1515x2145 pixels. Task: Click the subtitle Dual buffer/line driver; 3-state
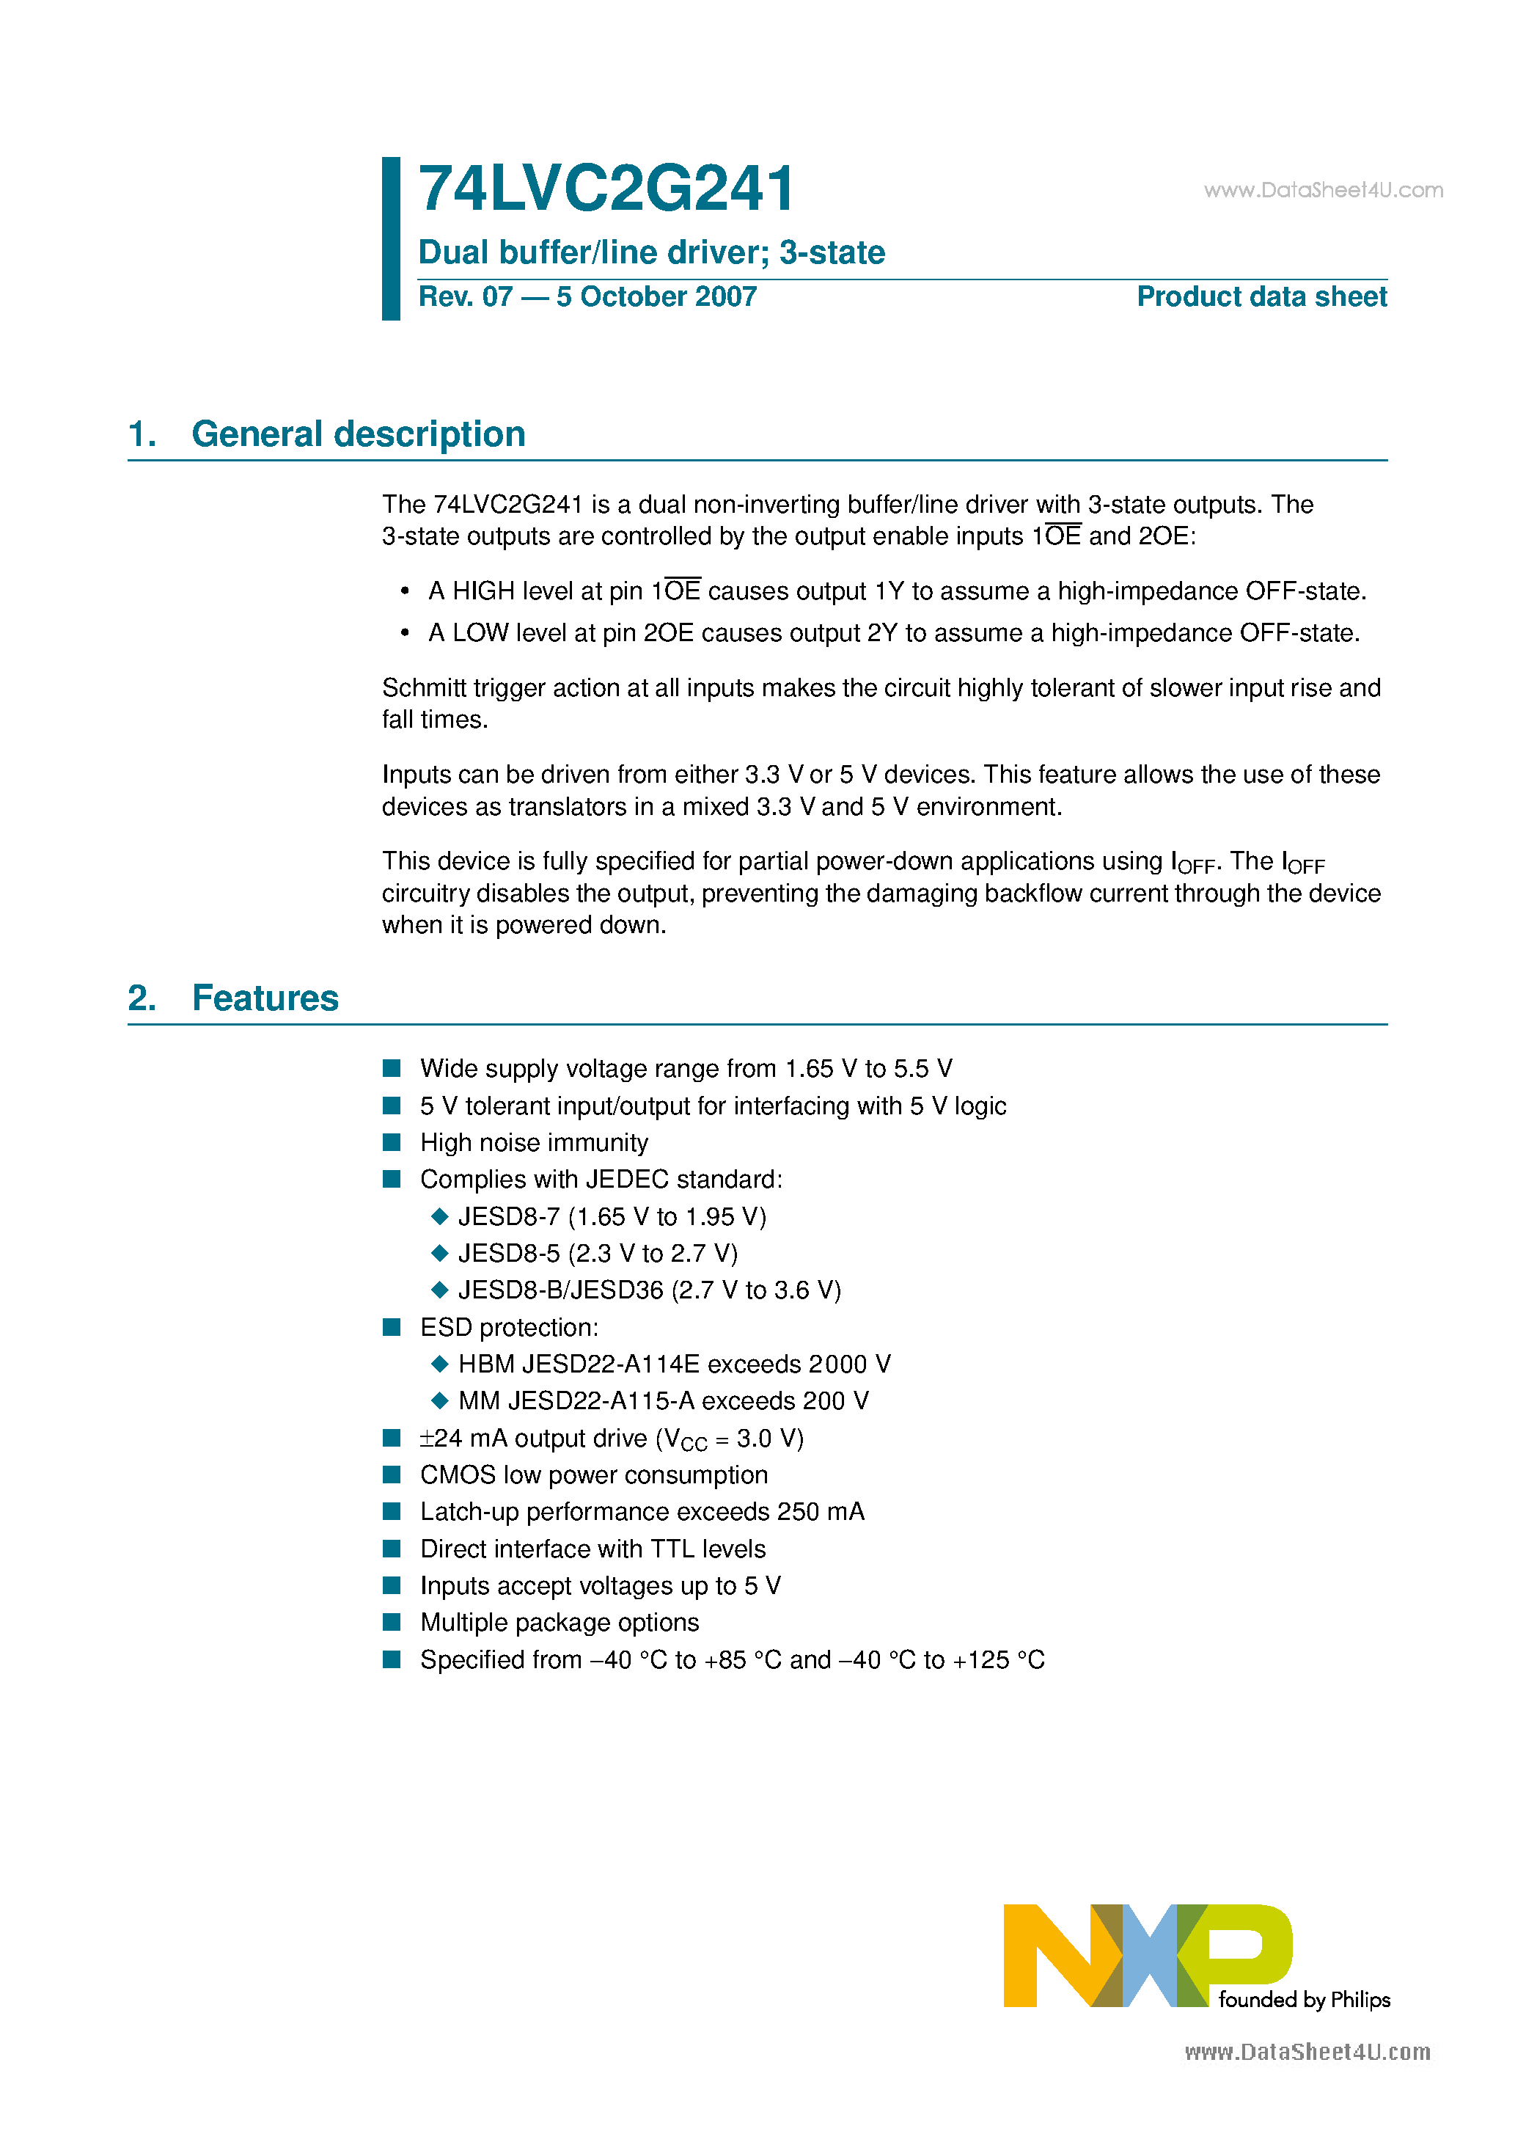pyautogui.click(x=651, y=252)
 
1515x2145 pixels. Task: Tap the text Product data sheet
pyautogui.click(x=1261, y=296)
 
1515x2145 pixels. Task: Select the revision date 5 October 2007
pyautogui.click(x=656, y=296)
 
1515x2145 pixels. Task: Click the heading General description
pyautogui.click(x=358, y=434)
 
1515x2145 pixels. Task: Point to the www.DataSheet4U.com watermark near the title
pyautogui.click(x=1323, y=191)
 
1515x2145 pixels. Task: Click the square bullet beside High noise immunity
pyautogui.click(x=392, y=1141)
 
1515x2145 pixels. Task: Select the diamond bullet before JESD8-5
pyautogui.click(x=440, y=1253)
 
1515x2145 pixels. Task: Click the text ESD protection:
pyautogui.click(x=509, y=1328)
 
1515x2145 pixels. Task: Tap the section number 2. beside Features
pyautogui.click(x=142, y=998)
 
